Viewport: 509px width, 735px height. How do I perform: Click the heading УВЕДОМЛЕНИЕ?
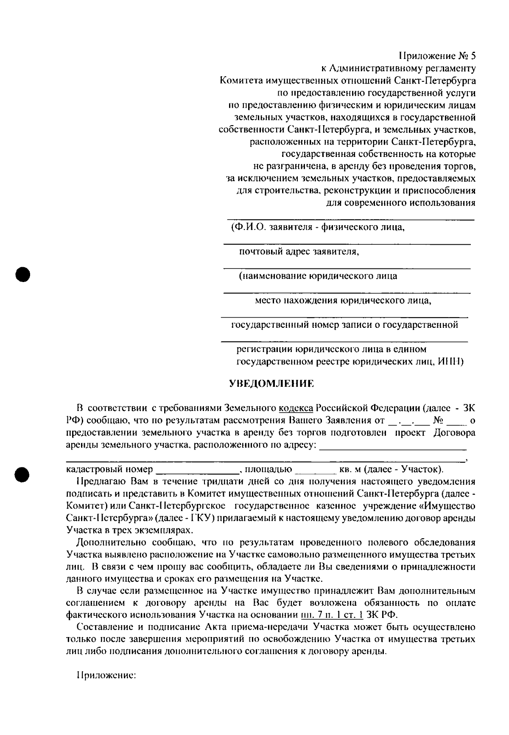(271, 384)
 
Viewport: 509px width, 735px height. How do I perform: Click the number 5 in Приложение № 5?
(473, 56)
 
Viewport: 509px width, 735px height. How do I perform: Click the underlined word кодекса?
(296, 408)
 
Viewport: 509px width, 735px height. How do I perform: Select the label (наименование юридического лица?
(318, 276)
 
